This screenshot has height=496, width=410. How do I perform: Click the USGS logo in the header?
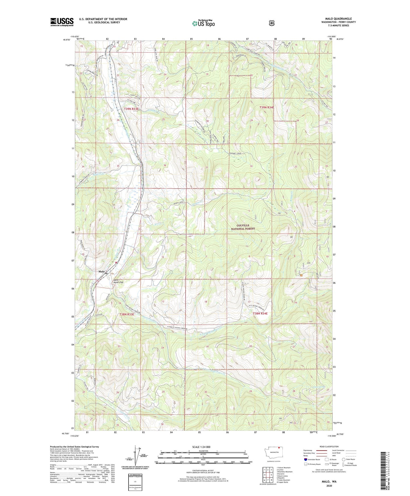[x=62, y=22]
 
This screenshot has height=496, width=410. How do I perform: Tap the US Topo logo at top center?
[x=203, y=23]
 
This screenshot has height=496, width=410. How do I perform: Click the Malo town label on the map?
[x=101, y=272]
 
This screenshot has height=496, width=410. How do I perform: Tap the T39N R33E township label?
[x=131, y=109]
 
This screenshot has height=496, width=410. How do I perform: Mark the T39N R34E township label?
[x=267, y=107]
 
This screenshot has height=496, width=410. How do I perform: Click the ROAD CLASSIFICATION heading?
[x=329, y=447]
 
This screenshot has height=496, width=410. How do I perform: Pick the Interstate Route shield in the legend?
[x=305, y=459]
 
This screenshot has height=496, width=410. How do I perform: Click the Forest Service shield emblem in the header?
[x=272, y=23]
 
